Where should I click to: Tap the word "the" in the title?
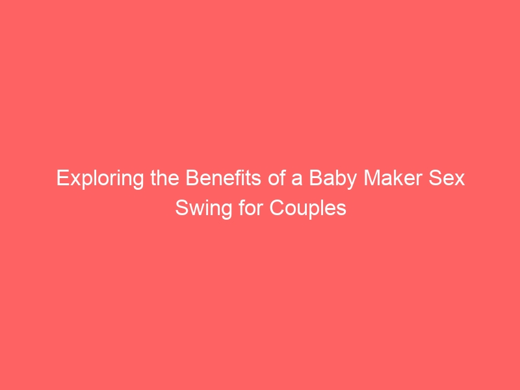pos(165,178)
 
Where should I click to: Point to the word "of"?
pos(277,178)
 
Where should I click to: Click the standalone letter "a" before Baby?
pos(297,180)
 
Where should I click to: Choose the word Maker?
pos(393,178)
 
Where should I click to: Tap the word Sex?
pos(447,178)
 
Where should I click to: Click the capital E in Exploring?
pos(63,178)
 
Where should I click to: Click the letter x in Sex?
pos(460,180)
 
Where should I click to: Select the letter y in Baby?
pos(351,182)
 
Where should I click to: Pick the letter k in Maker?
pos(398,178)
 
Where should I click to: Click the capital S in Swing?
pos(182,208)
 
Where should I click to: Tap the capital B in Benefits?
pos(192,178)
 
